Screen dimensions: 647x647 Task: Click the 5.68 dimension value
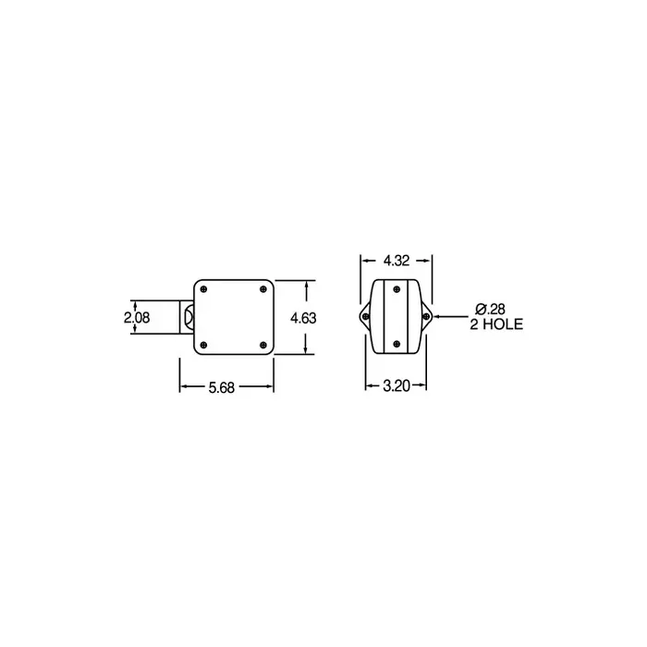[222, 387]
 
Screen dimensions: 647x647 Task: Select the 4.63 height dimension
[303, 318]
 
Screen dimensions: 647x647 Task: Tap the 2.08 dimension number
[137, 317]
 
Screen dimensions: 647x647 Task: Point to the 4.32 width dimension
[397, 261]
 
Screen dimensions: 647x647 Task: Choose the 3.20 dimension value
[397, 385]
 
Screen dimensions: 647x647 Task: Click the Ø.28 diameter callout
[490, 309]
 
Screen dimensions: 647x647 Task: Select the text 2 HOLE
[496, 323]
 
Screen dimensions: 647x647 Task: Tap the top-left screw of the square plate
[203, 289]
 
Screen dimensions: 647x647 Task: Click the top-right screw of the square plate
[263, 289]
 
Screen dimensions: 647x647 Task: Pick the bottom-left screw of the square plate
[203, 345]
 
